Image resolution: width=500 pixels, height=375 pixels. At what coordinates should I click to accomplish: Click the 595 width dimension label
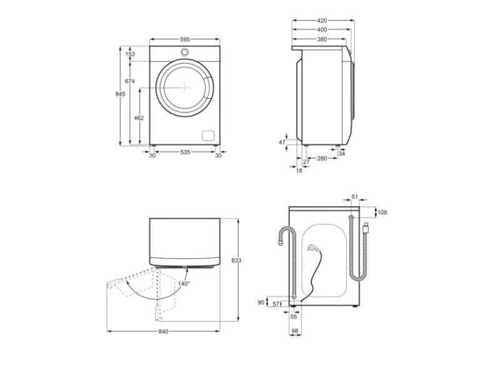[x=185, y=39]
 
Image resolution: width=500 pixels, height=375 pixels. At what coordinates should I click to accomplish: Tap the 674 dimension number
[x=130, y=81]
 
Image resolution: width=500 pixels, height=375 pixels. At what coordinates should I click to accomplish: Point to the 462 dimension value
[x=139, y=117]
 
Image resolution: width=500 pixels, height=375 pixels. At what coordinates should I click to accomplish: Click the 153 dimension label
[x=130, y=54]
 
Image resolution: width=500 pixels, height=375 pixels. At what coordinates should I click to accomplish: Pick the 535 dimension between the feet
[x=185, y=152]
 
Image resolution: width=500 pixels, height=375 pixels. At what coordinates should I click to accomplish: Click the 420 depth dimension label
[x=322, y=21]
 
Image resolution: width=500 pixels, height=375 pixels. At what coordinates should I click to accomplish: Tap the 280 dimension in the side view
[x=321, y=159]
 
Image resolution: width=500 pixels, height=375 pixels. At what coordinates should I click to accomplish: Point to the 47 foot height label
[x=282, y=142]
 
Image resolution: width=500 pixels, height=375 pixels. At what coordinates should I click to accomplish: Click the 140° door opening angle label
[x=183, y=283]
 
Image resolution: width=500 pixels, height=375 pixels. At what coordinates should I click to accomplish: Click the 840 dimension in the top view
[x=163, y=331]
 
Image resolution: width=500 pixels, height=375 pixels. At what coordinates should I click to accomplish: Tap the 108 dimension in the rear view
[x=382, y=212]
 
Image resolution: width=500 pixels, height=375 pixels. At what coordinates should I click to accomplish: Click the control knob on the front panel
[x=186, y=52]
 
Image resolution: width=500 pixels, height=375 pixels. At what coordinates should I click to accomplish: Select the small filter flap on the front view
[x=207, y=134]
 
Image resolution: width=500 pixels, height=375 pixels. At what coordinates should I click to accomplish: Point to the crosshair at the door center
[x=186, y=88]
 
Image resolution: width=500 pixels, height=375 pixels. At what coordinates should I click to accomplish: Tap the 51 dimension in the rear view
[x=355, y=197]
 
